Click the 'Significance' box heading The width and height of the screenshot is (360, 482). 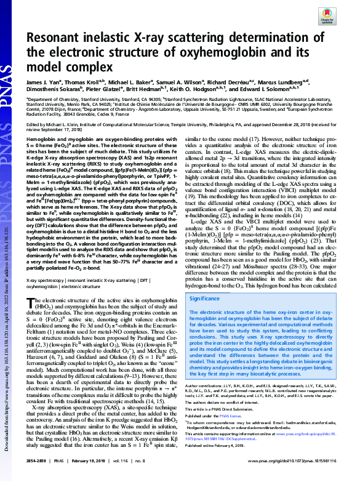click(x=208, y=298)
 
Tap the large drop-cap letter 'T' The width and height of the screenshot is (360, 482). click(x=36, y=304)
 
